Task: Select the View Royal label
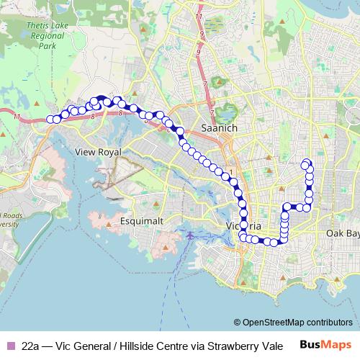pos(100,153)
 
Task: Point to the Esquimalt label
pos(144,220)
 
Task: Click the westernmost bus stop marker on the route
pos(50,120)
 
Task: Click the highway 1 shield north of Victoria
pos(230,171)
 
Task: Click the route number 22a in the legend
pos(31,345)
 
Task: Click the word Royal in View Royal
pos(112,153)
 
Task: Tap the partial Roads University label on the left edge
pos(9,220)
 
